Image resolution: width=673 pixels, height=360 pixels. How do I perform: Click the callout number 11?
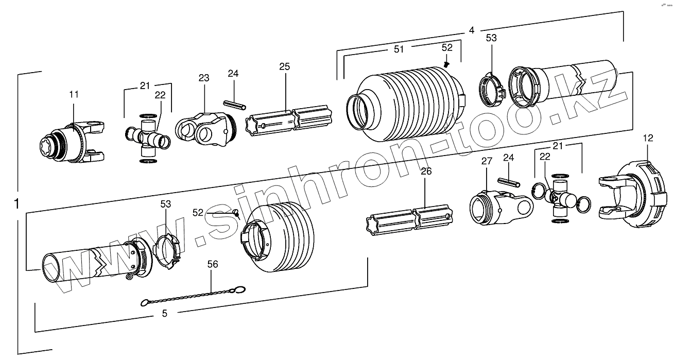[74, 94]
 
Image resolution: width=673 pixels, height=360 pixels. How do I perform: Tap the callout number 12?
[648, 138]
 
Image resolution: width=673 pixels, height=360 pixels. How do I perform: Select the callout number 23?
[204, 78]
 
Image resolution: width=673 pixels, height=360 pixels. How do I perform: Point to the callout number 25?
[285, 66]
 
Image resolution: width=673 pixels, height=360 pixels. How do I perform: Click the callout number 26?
[426, 172]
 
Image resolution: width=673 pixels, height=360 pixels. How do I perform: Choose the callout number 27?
[487, 161]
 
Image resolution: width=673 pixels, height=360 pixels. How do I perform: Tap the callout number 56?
[213, 264]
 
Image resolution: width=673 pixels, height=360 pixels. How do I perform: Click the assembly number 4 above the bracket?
[471, 30]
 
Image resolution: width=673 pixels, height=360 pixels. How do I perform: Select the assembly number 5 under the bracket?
[164, 313]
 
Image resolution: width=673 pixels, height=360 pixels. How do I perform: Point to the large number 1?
[17, 204]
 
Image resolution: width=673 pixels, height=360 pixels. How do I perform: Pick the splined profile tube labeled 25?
[291, 122]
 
